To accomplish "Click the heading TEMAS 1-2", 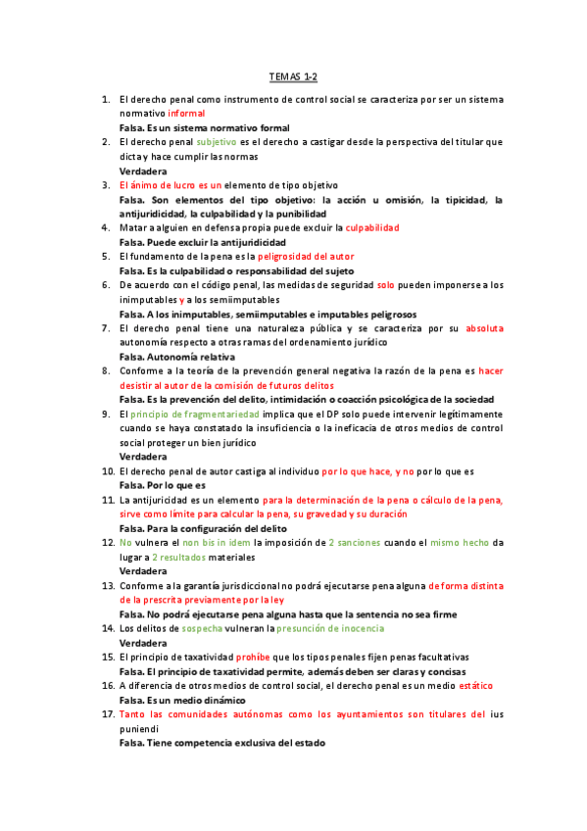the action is click(x=294, y=75).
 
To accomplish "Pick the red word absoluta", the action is click(x=484, y=328).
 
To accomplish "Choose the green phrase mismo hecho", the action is click(x=459, y=542).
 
